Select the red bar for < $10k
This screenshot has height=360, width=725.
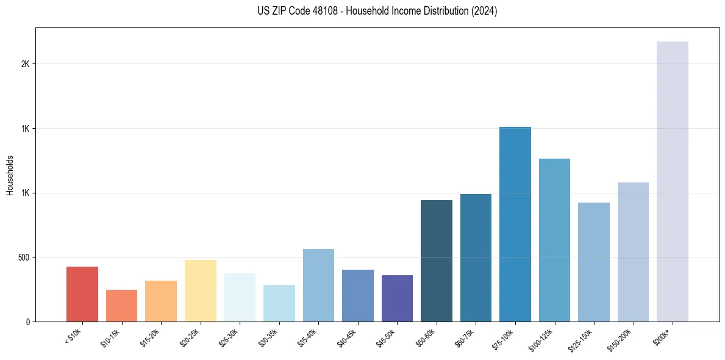tap(82, 294)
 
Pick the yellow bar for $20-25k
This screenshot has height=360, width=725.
tap(201, 290)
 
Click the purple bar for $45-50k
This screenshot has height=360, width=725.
tap(397, 298)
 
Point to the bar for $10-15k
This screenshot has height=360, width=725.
tap(121, 306)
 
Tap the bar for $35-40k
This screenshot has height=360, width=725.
tap(318, 285)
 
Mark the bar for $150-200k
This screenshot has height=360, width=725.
tap(633, 252)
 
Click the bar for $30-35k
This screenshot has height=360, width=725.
tap(279, 303)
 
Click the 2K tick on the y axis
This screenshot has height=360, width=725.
tap(25, 64)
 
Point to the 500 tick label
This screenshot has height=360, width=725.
tap(24, 257)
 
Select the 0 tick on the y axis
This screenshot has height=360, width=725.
tap(27, 322)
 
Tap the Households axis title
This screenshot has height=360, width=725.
tap(10, 175)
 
